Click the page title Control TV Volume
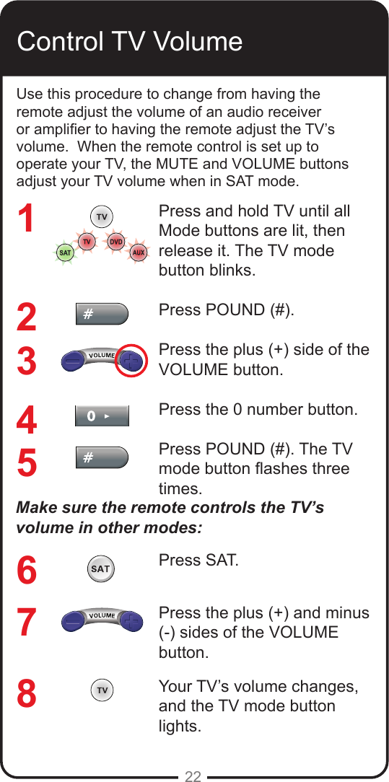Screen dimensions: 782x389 pyautogui.click(x=129, y=41)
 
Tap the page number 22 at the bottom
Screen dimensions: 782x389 pyautogui.click(x=193, y=776)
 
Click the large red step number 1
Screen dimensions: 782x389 pyautogui.click(x=27, y=219)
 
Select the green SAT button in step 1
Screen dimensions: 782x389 pyautogui.click(x=65, y=253)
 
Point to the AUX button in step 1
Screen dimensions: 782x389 pyautogui.click(x=139, y=253)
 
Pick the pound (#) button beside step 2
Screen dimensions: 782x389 pyautogui.click(x=102, y=315)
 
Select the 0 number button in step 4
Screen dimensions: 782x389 pyautogui.click(x=102, y=416)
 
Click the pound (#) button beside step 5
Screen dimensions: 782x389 pyautogui.click(x=102, y=457)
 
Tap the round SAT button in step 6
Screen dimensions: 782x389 pyautogui.click(x=100, y=569)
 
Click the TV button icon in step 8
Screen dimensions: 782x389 pyautogui.click(x=102, y=691)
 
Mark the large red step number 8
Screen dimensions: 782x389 pyautogui.click(x=27, y=695)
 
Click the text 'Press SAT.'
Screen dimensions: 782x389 pyautogui.click(x=198, y=561)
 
